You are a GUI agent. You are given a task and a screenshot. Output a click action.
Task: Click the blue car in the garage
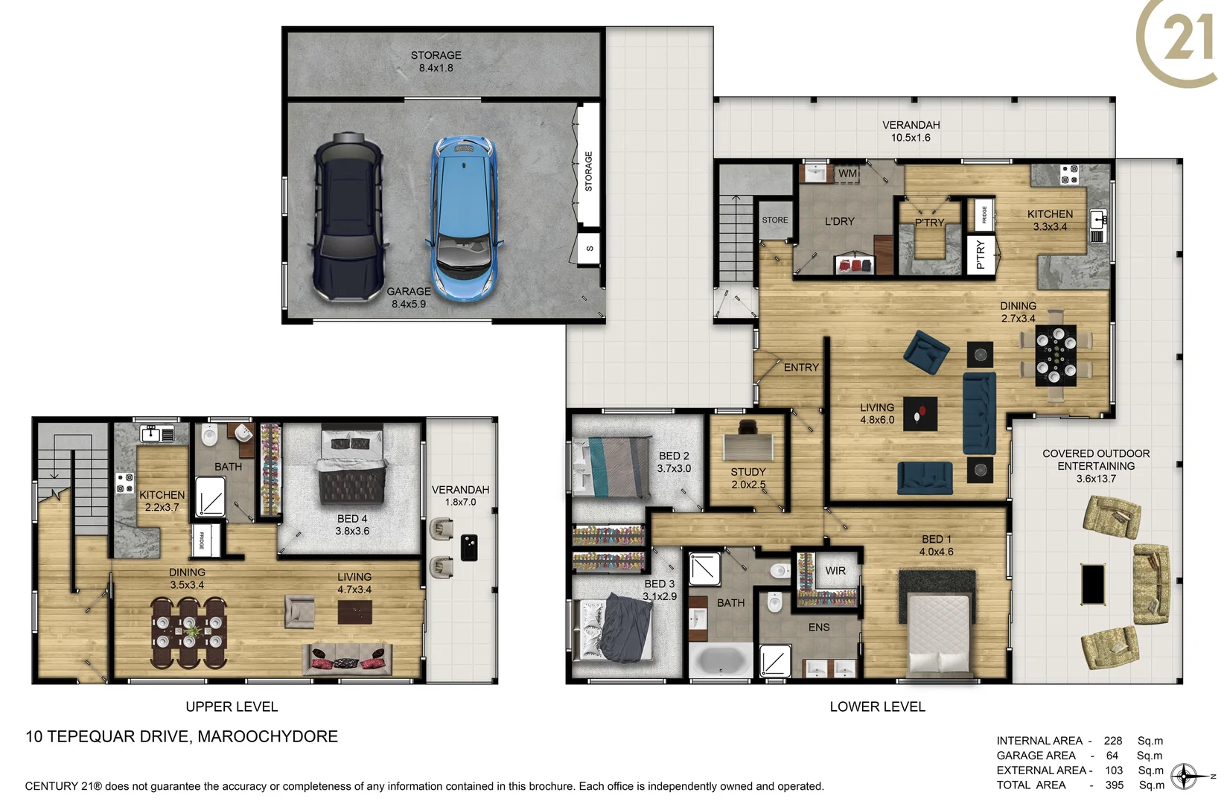click(x=463, y=217)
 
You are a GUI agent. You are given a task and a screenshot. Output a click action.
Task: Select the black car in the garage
click(x=348, y=217)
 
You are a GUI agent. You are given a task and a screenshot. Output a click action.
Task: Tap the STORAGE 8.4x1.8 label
click(x=436, y=61)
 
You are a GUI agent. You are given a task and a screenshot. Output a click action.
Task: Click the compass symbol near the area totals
click(x=1184, y=776)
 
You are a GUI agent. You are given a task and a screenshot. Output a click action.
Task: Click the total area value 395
click(x=1114, y=785)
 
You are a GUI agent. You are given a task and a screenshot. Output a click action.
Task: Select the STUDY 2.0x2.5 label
click(x=748, y=478)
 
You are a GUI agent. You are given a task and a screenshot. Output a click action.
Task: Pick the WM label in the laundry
click(x=847, y=173)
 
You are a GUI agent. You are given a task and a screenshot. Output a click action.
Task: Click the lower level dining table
click(x=1056, y=354)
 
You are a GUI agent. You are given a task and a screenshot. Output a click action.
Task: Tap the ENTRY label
click(x=801, y=367)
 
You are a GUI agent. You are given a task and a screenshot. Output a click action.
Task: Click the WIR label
click(x=835, y=570)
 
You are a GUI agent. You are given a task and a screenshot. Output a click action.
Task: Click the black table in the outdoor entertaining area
click(x=1092, y=584)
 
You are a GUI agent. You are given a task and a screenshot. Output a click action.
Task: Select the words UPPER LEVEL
click(x=232, y=706)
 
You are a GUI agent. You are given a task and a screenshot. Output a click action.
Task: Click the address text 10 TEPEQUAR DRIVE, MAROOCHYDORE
click(x=182, y=736)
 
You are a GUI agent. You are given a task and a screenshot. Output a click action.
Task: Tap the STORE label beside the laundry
click(x=774, y=220)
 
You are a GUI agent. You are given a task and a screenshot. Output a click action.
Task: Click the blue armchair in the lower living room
click(x=926, y=352)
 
